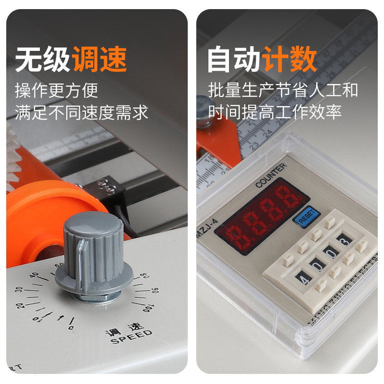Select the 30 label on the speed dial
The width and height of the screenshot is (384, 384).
pos(19,290)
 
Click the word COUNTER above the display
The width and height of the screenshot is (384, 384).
pos(271,175)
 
